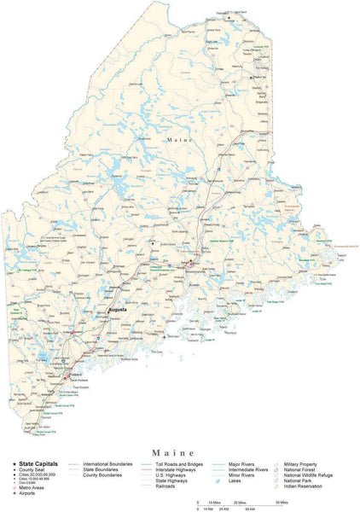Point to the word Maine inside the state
point(180,138)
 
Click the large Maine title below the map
point(179,451)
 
